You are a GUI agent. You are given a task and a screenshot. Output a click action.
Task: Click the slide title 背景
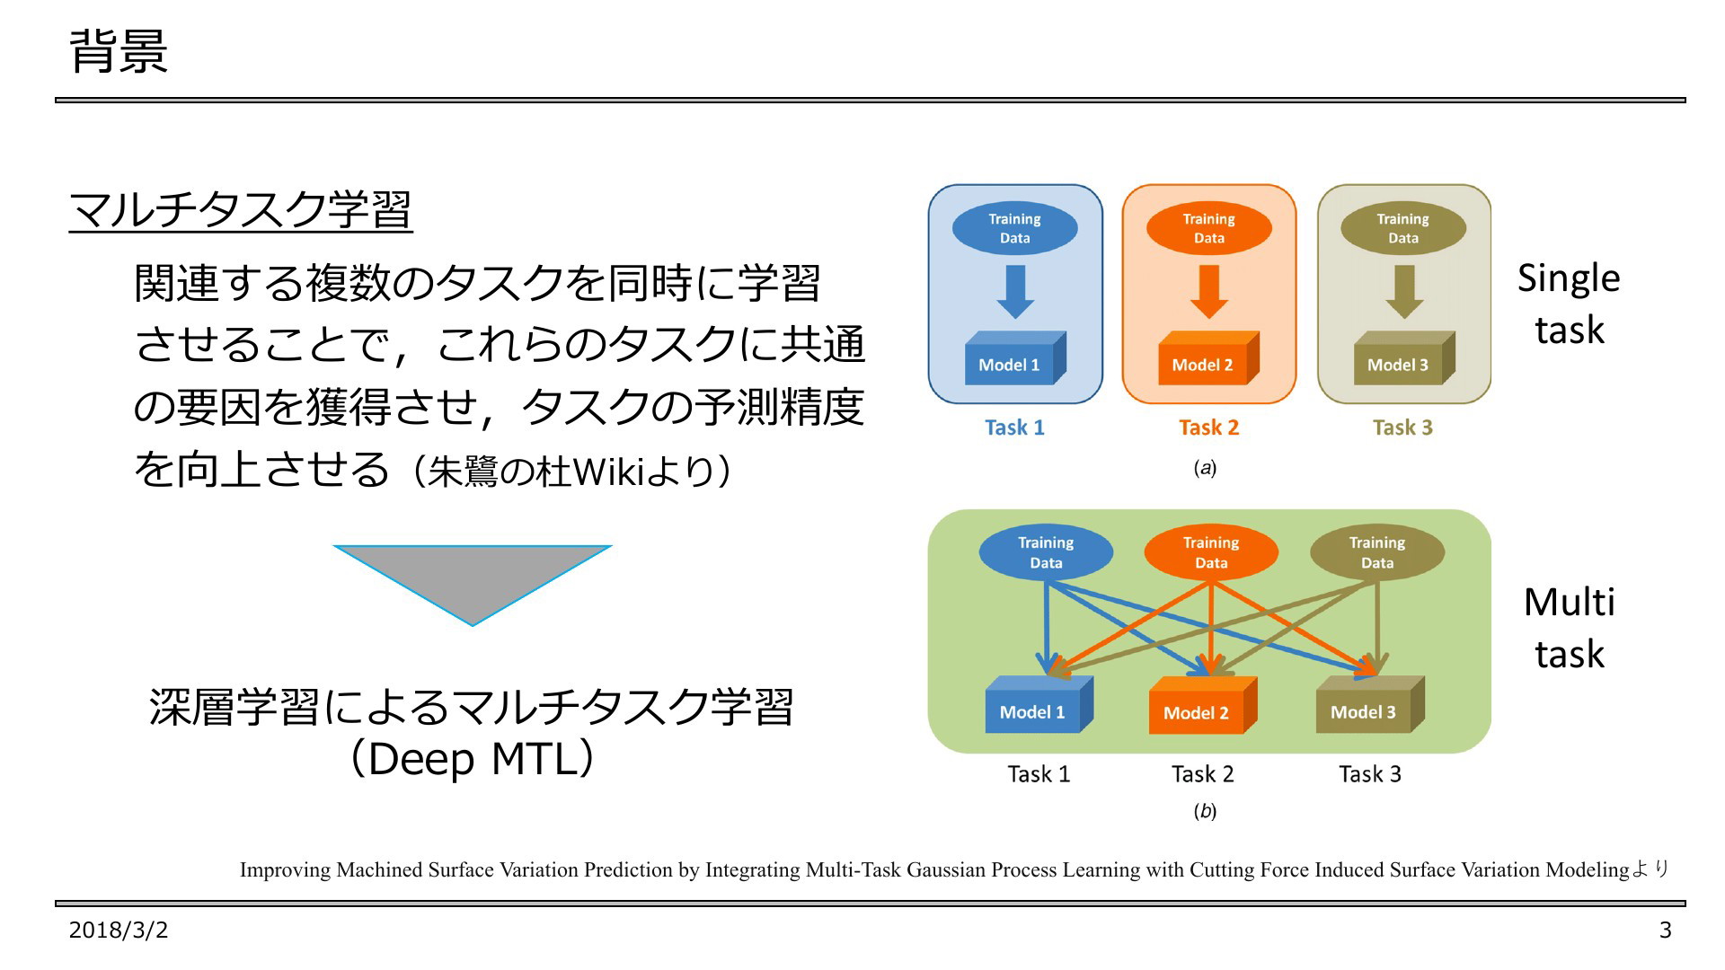(119, 51)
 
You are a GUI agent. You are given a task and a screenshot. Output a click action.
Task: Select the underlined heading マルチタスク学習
(241, 210)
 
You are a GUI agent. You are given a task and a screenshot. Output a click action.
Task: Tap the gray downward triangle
(473, 585)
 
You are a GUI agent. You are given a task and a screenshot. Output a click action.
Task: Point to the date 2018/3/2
(119, 930)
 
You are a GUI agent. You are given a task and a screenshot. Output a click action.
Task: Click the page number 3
(1665, 930)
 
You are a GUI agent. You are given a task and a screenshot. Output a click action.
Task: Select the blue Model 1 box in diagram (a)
(1015, 359)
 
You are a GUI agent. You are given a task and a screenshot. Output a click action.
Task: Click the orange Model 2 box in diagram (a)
(1209, 359)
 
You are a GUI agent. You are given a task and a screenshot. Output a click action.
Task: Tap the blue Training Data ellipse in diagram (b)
(1046, 552)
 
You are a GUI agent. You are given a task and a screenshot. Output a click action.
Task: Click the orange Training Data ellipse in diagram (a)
(1209, 228)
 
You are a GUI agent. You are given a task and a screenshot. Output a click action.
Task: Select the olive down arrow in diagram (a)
(1403, 292)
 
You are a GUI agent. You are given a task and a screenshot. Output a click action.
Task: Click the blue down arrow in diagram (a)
(1015, 292)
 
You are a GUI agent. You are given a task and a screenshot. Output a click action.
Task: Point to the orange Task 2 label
(1209, 428)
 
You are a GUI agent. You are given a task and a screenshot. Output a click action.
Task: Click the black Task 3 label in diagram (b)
(1370, 774)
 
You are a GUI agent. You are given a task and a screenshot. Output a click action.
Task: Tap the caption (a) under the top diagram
(1205, 468)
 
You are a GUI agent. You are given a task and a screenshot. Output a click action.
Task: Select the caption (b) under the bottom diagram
(1205, 811)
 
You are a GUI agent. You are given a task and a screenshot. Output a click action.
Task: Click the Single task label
(1569, 304)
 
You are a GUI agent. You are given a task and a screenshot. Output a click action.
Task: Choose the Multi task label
(1569, 628)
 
